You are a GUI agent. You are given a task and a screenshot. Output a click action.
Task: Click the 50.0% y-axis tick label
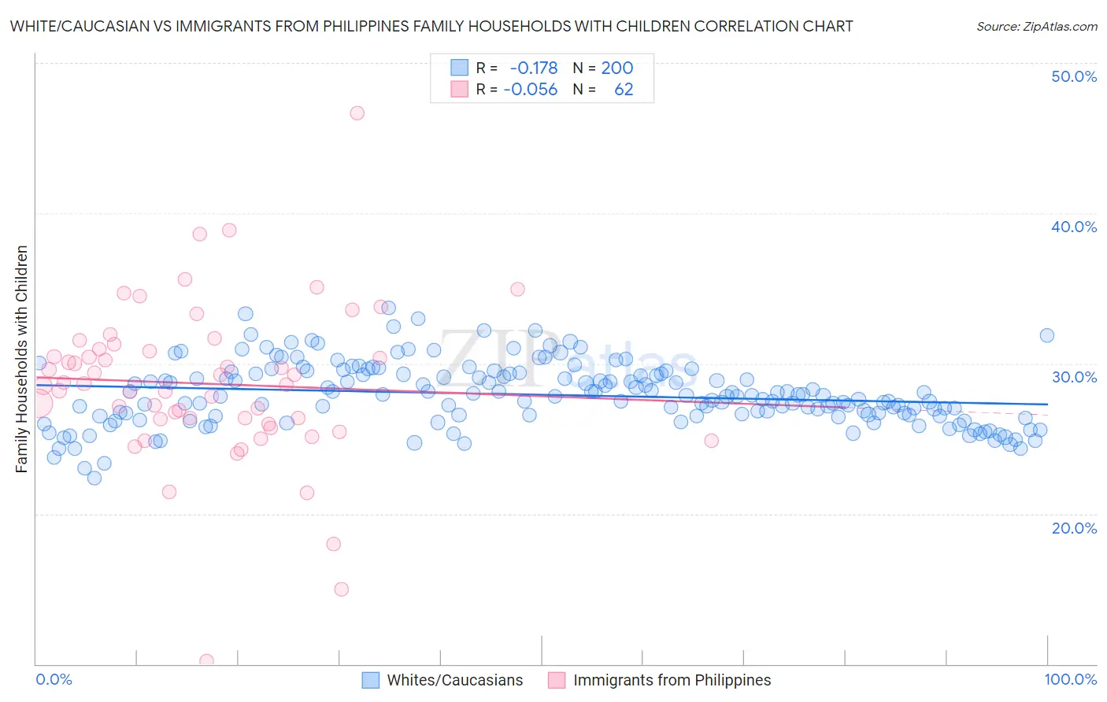1074,76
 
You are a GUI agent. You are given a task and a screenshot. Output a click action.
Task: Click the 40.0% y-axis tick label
1074,227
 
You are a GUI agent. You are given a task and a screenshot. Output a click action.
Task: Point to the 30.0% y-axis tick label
1074,377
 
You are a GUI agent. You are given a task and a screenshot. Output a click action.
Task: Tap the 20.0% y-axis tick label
1074,527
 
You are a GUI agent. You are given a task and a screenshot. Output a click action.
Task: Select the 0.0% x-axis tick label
54,679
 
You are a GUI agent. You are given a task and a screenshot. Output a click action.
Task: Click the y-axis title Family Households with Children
22,359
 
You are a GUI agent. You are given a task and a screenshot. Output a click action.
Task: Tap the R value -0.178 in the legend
533,68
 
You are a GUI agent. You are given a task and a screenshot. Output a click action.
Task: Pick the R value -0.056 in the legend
530,90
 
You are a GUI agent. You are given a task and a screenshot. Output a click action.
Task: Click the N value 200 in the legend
616,68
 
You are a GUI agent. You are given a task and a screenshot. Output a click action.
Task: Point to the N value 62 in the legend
624,90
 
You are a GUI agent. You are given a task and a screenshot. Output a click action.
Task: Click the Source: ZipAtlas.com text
1036,27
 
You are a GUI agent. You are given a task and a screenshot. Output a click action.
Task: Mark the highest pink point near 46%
357,113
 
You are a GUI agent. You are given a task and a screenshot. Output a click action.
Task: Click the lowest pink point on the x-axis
206,660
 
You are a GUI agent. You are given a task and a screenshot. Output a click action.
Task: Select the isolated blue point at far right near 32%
1046,335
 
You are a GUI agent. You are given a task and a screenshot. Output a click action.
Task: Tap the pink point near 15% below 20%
341,589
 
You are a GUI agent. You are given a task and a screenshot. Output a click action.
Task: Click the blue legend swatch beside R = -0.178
459,68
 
